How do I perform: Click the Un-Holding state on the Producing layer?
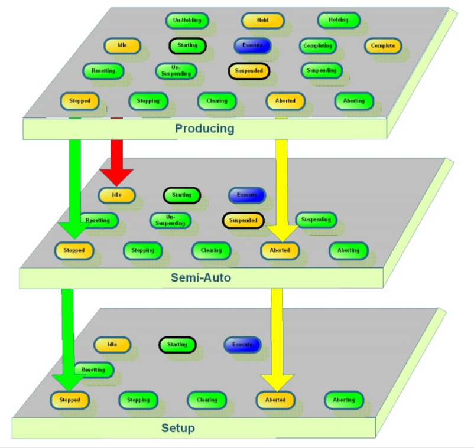187,20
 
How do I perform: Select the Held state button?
262,20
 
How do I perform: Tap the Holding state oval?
339,20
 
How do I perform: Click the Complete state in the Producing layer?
382,45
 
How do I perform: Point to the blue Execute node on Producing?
252,45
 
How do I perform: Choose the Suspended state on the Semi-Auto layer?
242,220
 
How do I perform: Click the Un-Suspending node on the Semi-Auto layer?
170,220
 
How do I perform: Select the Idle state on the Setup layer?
112,344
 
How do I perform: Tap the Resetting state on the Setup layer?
93,370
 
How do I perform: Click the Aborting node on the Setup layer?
343,400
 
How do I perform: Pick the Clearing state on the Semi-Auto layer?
211,250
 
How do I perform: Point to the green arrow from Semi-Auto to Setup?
68,336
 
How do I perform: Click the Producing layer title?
204,128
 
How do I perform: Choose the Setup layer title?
178,428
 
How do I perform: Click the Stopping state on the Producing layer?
148,101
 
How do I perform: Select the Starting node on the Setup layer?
177,344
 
